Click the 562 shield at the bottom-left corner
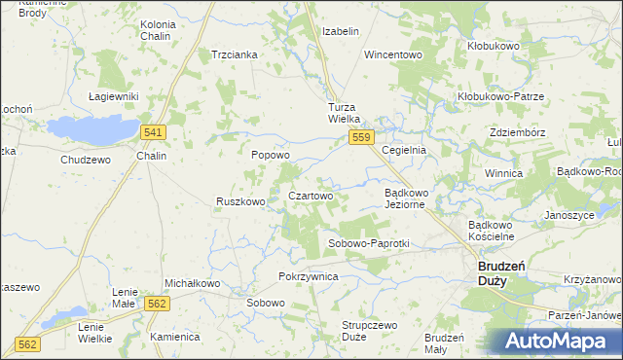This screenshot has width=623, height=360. click(28, 344)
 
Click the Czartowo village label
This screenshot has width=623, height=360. click(311, 196)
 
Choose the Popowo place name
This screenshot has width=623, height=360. click(271, 155)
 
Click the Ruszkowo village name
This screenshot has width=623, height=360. click(240, 202)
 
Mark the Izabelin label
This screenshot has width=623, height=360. click(341, 31)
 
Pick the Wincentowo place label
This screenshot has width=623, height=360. click(393, 54)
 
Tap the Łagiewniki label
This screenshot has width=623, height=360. click(114, 96)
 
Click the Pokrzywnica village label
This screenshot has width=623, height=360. click(308, 277)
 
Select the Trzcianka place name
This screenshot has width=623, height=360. click(235, 54)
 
